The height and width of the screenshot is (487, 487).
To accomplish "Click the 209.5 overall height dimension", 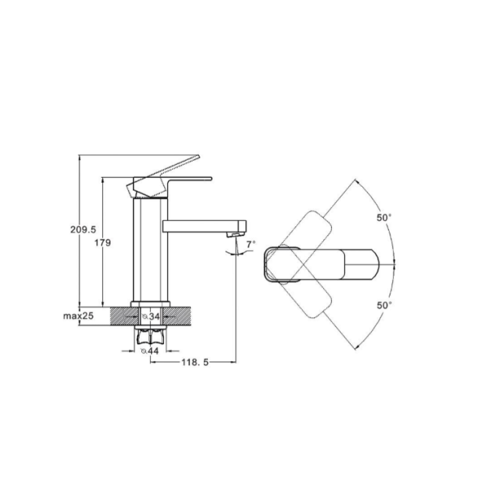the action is coord(83,230).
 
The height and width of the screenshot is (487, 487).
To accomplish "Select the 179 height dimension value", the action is coord(103,243).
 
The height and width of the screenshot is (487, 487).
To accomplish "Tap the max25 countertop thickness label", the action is coord(78,316).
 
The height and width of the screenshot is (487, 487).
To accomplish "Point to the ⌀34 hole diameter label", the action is coord(151,317).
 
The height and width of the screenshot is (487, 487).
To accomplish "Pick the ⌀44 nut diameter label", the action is coord(150,351).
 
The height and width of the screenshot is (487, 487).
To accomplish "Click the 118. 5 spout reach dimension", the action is coord(195,362).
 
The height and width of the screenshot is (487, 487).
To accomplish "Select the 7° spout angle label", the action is coord(251,244).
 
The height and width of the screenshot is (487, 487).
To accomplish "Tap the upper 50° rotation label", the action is coord(384,218).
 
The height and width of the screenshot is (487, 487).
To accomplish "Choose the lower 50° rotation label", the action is coord(384,305).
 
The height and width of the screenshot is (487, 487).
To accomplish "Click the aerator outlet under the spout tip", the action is coord(235,235).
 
